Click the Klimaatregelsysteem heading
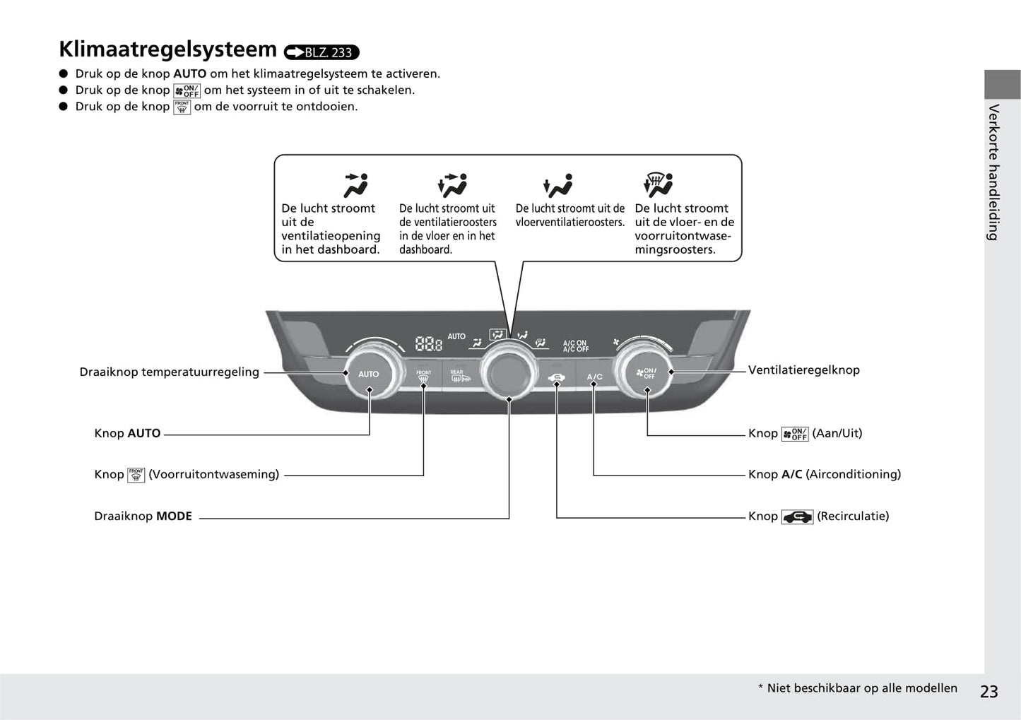(167, 49)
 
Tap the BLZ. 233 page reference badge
(321, 52)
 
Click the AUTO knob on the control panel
(368, 374)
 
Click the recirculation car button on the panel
(557, 377)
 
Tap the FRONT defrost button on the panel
(423, 377)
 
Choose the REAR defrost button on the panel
(456, 377)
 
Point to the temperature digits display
(428, 344)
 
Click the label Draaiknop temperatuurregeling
(169, 372)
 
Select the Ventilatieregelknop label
(804, 370)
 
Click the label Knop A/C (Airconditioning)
(825, 475)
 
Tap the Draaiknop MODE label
(143, 517)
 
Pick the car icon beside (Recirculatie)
(797, 517)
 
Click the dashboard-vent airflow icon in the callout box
(355, 185)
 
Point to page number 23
(989, 692)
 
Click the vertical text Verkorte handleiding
(994, 172)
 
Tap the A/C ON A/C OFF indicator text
(575, 346)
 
